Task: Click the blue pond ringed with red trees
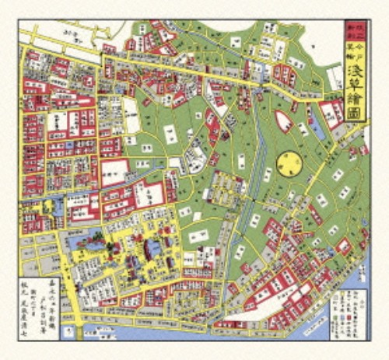pos(87,248)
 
